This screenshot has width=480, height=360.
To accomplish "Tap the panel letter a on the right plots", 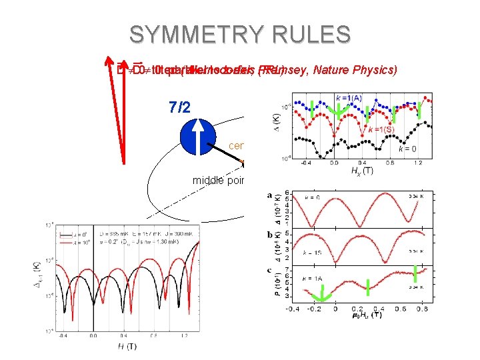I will tap(268, 195).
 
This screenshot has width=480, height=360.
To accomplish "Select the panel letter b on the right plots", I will tap(268, 235).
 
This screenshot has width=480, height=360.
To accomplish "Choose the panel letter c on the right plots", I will tap(268, 270).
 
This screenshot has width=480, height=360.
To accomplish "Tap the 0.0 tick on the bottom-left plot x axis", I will tap(93, 335).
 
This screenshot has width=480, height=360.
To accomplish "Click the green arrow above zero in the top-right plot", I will tap(338, 114).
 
